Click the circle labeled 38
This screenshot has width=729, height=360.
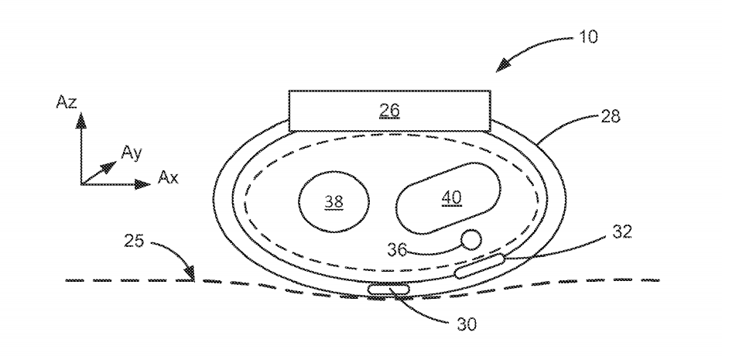334,201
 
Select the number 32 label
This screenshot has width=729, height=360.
621,231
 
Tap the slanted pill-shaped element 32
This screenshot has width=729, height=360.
480,266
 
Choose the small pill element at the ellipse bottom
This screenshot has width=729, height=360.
391,290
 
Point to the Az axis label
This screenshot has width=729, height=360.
68,102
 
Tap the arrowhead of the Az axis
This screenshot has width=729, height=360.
80,122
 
